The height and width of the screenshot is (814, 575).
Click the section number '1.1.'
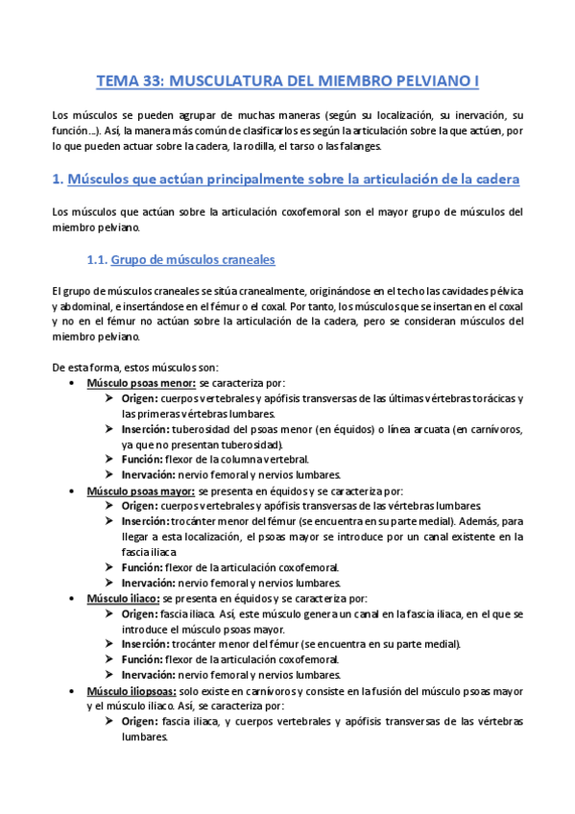click(97, 259)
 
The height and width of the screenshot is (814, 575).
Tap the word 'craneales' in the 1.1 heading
click(246, 259)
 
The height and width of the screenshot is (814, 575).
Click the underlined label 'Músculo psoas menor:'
click(141, 382)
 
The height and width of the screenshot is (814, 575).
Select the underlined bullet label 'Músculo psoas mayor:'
click(141, 490)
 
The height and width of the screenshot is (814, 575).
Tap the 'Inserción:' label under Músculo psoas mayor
click(146, 520)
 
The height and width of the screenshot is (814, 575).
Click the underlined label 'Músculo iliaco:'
click(125, 597)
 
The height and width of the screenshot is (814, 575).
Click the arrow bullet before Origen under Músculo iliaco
click(110, 612)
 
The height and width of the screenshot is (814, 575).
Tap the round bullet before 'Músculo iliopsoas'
click(76, 689)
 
